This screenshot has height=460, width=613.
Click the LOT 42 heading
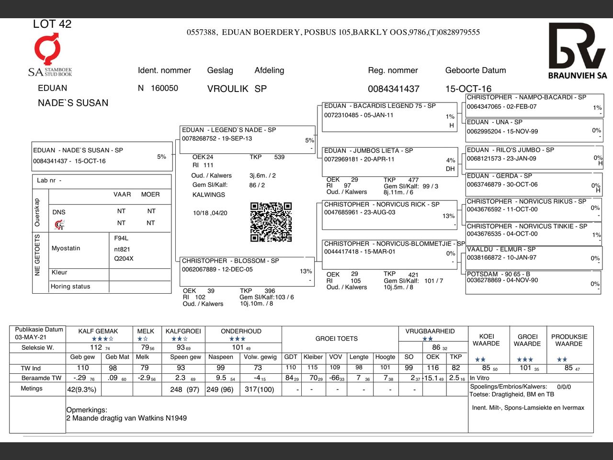point(52,24)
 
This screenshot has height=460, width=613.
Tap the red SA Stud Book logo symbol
point(47,48)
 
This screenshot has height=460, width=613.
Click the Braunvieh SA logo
point(577,51)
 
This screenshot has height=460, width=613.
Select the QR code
point(271,222)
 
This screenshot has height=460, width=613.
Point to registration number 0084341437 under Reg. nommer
point(393,89)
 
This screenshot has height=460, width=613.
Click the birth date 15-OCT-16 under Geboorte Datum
point(468,89)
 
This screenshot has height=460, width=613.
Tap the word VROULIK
point(227,89)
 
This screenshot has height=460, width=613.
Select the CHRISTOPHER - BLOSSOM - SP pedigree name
point(230,261)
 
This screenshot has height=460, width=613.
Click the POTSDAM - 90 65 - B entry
point(498,274)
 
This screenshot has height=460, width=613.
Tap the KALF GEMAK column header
point(98,331)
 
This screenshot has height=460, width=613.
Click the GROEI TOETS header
point(336,338)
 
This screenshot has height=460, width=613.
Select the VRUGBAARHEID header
point(430,331)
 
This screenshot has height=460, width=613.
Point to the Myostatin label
point(66,248)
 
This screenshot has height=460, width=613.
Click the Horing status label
point(70,287)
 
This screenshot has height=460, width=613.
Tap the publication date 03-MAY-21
point(31,337)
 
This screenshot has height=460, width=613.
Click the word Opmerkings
point(87,410)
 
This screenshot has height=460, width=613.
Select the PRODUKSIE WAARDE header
point(569,340)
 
